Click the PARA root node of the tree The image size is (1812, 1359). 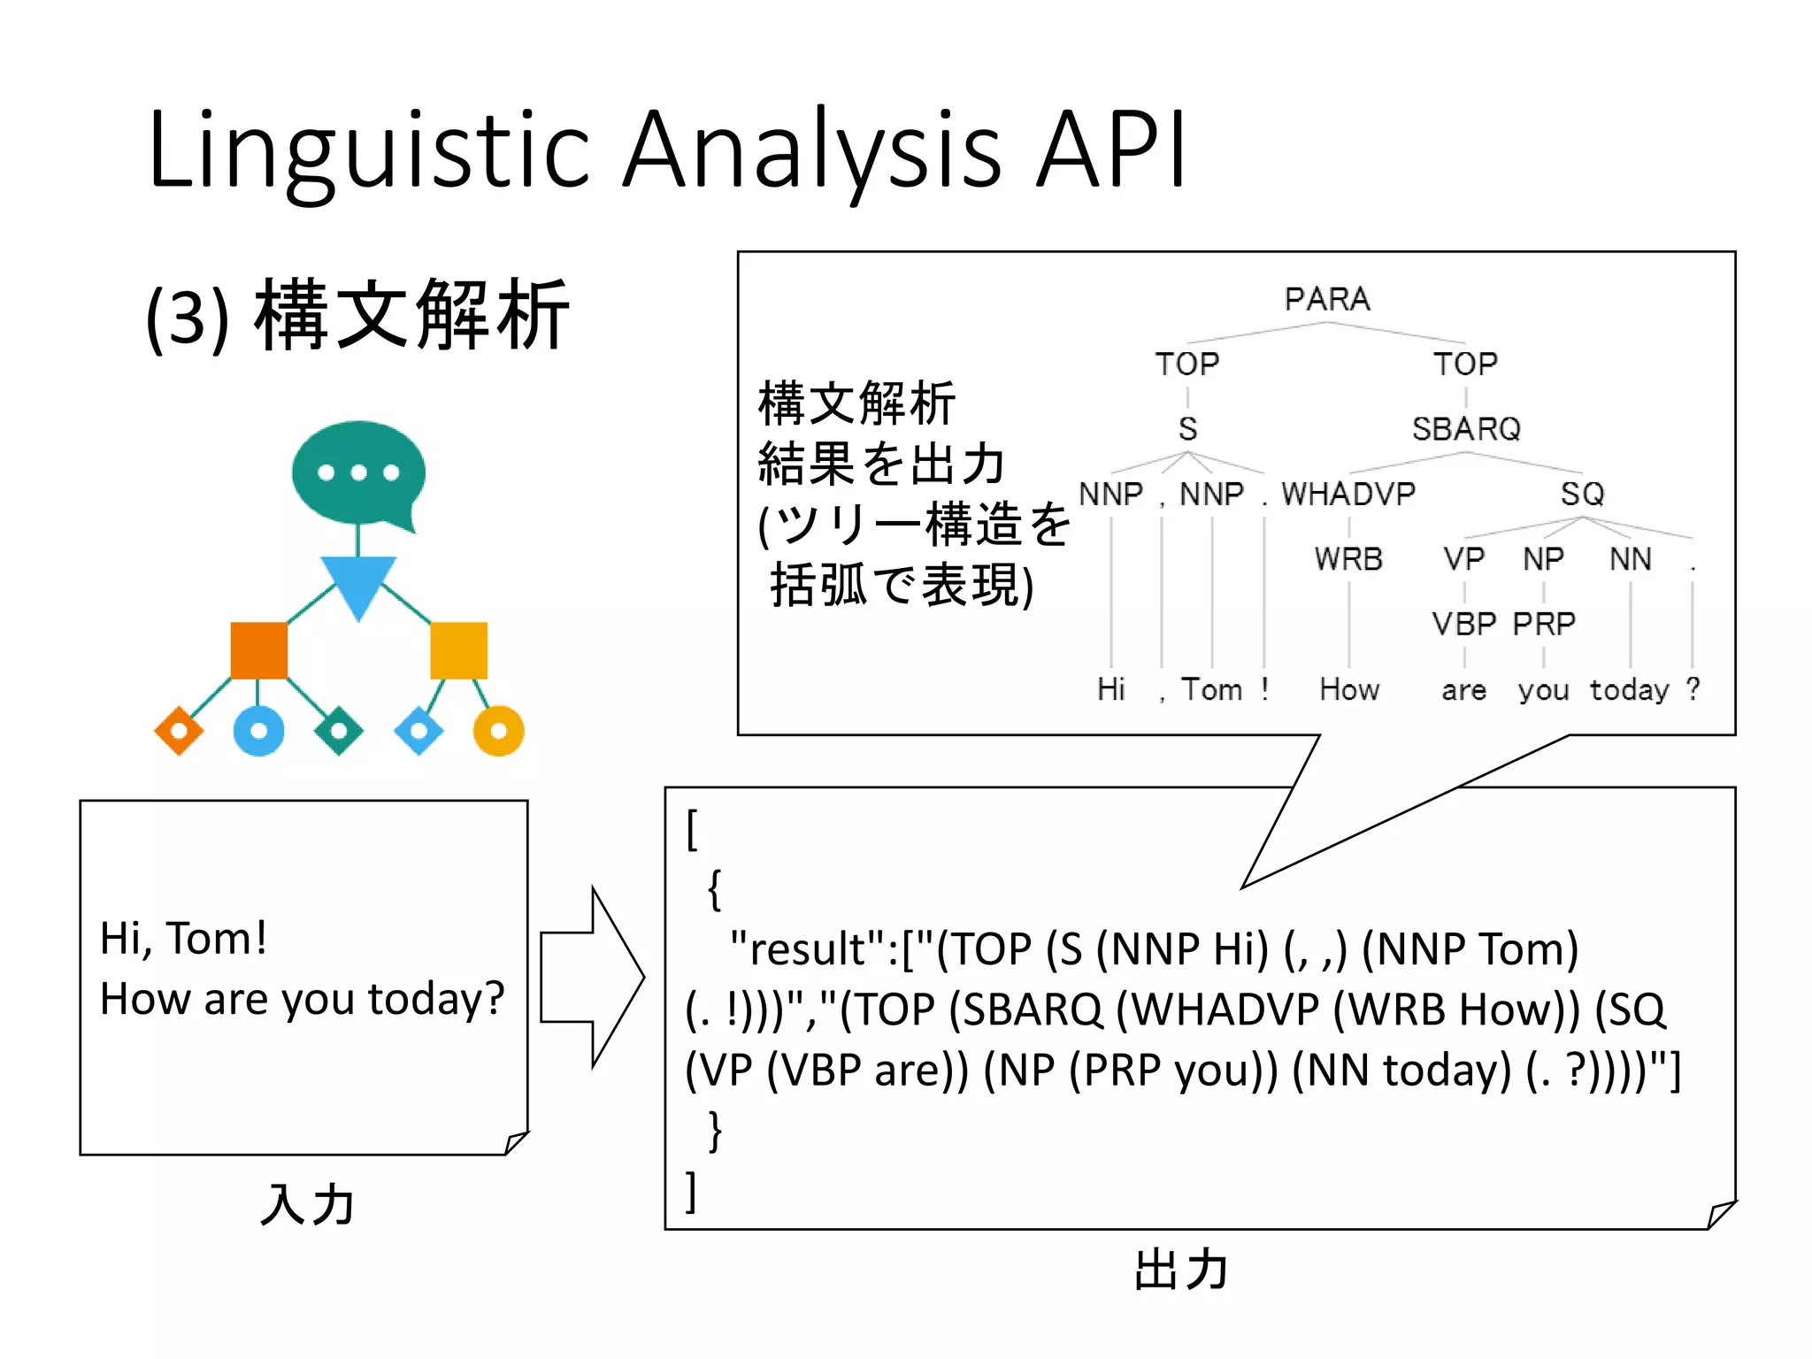point(1326,299)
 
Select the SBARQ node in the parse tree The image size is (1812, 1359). point(1465,429)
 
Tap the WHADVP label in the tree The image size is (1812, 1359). point(1347,494)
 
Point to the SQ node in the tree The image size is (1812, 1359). point(1582,494)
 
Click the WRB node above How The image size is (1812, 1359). point(1347,559)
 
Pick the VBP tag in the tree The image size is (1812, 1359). point(1463,624)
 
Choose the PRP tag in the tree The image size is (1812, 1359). point(1543,624)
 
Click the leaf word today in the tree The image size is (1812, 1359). point(1629,690)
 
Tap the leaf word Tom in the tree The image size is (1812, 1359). point(1211,689)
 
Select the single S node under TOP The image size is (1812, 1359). point(1187,429)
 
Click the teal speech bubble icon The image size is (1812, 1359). point(358,473)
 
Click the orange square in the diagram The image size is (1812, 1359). point(258,650)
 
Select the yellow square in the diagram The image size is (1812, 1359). point(458,650)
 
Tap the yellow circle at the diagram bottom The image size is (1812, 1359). point(498,731)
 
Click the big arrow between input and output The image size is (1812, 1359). point(591,977)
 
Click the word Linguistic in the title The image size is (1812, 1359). point(367,150)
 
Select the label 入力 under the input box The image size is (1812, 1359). point(307,1205)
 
